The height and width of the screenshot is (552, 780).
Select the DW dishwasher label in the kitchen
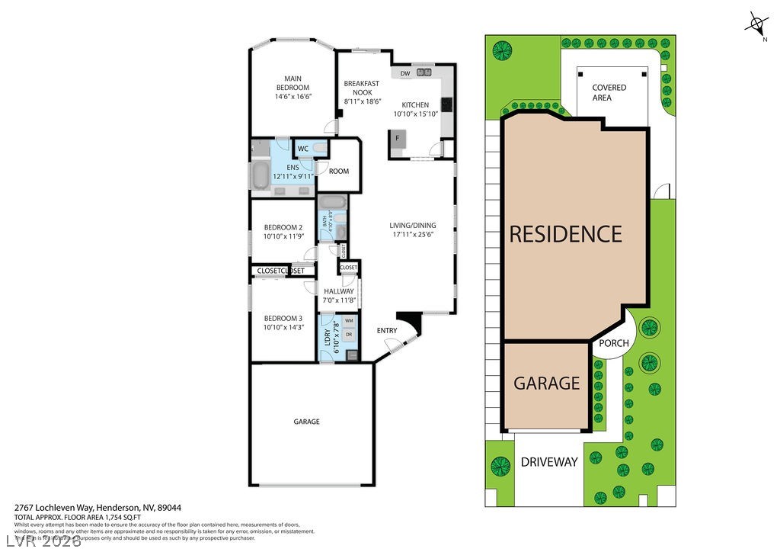[405, 73]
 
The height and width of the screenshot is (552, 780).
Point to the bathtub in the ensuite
[261, 175]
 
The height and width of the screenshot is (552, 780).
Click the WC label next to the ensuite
[302, 149]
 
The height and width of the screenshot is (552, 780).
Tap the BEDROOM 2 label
[283, 227]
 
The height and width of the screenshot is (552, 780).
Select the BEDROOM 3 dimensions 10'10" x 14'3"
[283, 327]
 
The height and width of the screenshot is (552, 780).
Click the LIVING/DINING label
[412, 225]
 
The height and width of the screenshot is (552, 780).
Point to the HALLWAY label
[339, 291]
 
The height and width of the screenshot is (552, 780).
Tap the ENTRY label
[387, 330]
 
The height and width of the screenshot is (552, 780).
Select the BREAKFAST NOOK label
[361, 88]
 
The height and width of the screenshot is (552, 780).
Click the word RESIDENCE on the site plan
[565, 233]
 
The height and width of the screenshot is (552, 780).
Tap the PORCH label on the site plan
[613, 343]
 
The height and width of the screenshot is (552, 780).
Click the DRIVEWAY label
[549, 462]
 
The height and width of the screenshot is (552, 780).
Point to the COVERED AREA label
[609, 93]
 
